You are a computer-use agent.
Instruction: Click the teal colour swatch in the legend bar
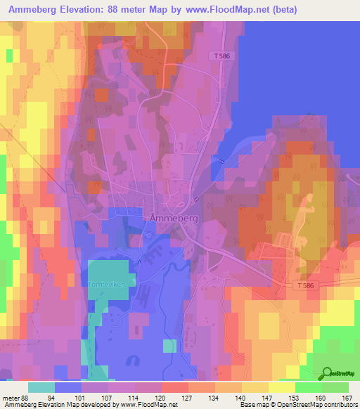coord(41,387)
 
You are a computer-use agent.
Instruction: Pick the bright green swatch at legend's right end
coord(335,387)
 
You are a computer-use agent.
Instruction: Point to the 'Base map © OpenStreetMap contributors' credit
coord(299,405)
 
